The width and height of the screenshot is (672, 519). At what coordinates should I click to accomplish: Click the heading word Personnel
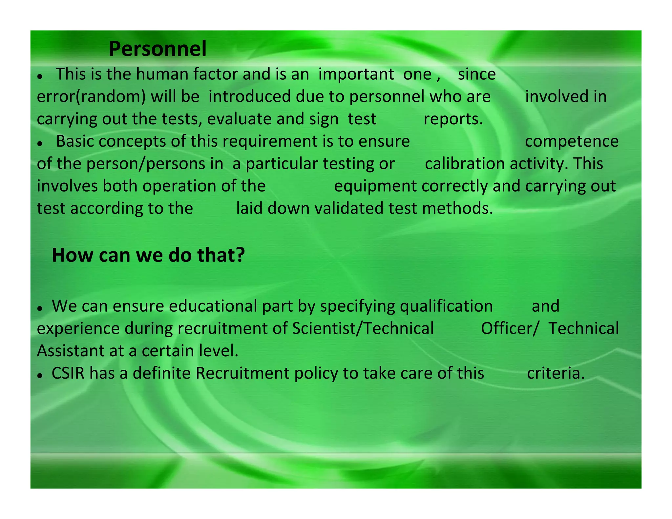[x=157, y=49]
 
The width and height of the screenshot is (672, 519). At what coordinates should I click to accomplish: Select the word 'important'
[x=356, y=74]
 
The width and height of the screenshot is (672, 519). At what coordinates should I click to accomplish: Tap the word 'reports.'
[x=453, y=119]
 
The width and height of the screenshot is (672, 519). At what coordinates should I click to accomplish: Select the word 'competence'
[x=572, y=141]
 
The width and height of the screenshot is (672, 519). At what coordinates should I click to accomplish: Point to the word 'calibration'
[x=465, y=164]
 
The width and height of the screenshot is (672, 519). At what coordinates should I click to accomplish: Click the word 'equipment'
[x=375, y=186]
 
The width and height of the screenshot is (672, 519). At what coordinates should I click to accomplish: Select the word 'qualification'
[x=446, y=306]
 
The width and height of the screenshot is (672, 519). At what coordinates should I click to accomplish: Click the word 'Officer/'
[x=509, y=328]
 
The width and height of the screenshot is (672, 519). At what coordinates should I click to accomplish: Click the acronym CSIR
[x=68, y=373]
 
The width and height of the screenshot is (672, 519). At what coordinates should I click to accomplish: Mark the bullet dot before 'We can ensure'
[x=40, y=309]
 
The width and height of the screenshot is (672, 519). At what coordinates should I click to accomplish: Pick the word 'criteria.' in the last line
[x=556, y=373]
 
